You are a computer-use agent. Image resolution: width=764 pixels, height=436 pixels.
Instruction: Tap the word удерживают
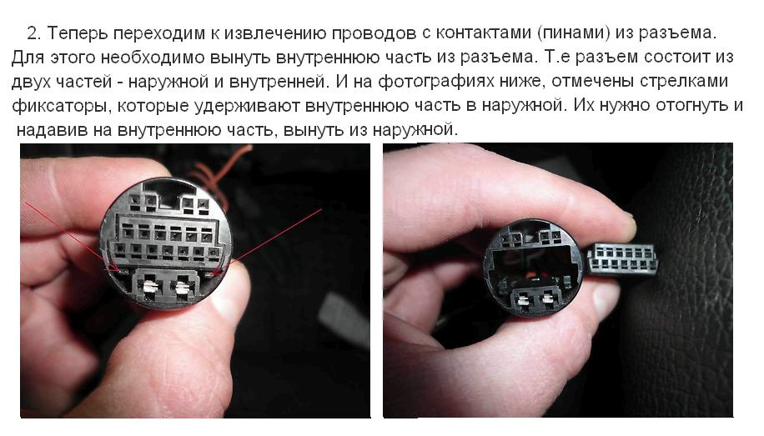click(x=247, y=106)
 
